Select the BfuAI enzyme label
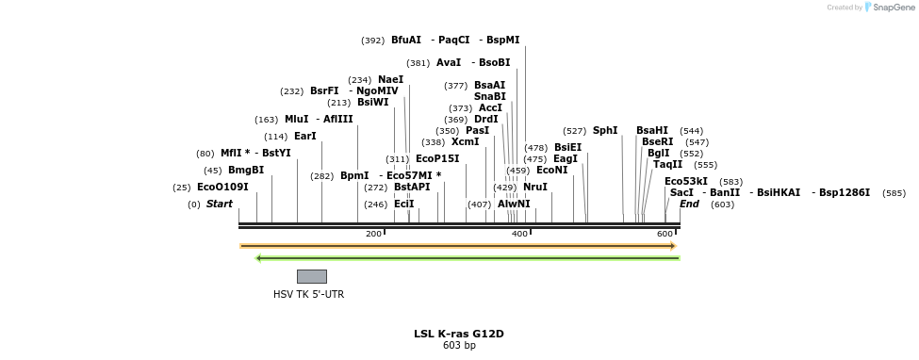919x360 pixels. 406,41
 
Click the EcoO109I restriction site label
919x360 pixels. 222,188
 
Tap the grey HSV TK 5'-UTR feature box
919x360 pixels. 311,276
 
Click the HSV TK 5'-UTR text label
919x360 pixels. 308,294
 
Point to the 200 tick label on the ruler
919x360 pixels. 373,234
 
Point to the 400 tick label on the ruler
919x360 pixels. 519,234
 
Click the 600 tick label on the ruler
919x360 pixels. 665,234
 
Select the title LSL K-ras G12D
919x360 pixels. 459,334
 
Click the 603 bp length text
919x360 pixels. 459,346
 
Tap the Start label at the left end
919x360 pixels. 219,205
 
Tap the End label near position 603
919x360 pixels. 689,205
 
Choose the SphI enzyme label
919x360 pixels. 605,131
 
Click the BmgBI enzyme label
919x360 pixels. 246,171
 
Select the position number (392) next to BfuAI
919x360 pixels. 373,41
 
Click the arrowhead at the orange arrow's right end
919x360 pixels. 673,246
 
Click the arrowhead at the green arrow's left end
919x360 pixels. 259,258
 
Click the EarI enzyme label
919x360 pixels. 305,137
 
